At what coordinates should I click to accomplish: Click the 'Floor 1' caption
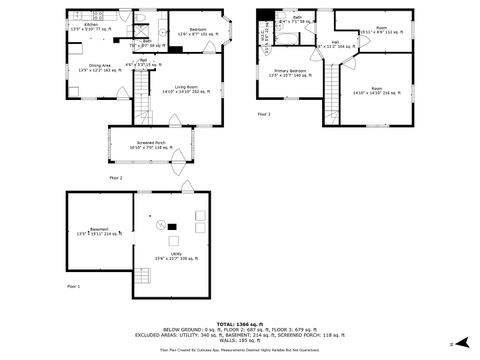(x=73, y=287)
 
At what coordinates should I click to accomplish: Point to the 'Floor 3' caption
(x=264, y=115)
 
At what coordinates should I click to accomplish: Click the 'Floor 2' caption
(x=116, y=178)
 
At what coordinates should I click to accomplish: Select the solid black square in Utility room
(x=171, y=227)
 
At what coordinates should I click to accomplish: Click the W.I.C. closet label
(x=263, y=36)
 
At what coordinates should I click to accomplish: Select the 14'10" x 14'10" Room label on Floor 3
(x=373, y=91)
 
